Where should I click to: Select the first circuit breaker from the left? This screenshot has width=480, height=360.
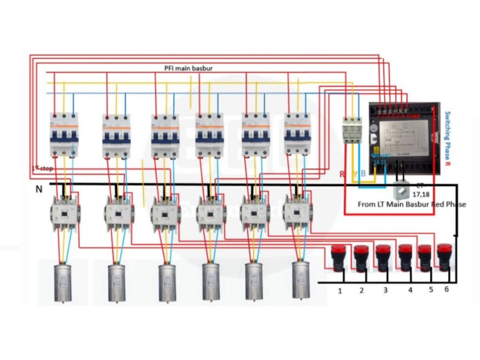64,134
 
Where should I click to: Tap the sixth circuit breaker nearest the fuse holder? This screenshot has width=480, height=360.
297,133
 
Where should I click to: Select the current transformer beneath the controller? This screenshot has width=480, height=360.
401,190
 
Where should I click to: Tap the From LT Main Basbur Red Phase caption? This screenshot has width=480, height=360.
412,204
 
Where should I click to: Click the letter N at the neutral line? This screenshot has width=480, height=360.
39,189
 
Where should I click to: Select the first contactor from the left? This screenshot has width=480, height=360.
65,214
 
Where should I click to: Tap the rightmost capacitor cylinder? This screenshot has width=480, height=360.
301,280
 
